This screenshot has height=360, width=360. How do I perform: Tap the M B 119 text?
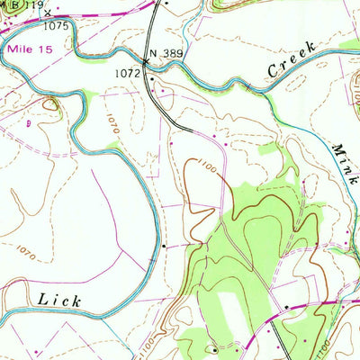pos(22,5)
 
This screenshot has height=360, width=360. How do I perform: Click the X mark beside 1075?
pos(47,13)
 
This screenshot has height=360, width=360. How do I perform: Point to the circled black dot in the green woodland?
pos(213,349)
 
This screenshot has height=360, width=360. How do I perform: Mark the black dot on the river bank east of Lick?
pos(165,244)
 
